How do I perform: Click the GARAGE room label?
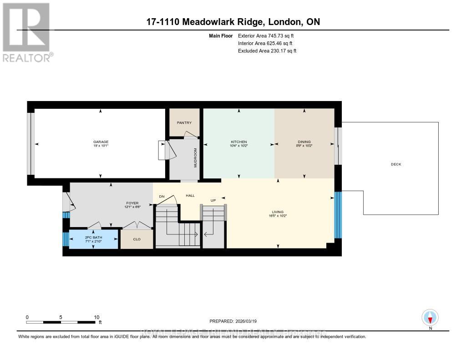[x=101, y=142]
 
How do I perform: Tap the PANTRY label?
[x=184, y=122]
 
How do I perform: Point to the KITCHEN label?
[x=238, y=142]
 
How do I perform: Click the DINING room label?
[x=304, y=142]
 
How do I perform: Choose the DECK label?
[x=396, y=164]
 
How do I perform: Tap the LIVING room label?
[x=278, y=212]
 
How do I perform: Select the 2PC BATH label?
[x=92, y=237]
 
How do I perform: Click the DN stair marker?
[x=161, y=196]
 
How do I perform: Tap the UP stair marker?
[x=212, y=200]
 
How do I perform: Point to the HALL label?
[x=190, y=195]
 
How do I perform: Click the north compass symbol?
[x=430, y=317]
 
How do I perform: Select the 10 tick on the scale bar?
[x=96, y=317]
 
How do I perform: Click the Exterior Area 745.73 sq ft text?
[x=269, y=35]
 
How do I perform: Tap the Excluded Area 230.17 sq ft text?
[x=267, y=51]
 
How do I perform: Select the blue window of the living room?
[x=338, y=215]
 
